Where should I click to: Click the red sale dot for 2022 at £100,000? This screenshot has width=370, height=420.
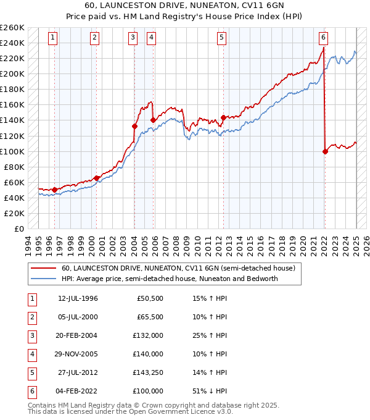[x=325, y=151]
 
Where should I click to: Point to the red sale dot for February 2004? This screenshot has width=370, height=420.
[x=134, y=126]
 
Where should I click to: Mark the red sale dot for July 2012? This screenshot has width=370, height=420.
[x=223, y=117]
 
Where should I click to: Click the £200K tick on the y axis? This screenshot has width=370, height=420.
[x=12, y=73]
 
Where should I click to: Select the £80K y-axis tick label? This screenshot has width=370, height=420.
[x=14, y=167]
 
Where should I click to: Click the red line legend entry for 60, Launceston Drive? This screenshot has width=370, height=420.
[x=178, y=269]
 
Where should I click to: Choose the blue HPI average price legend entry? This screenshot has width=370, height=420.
[x=170, y=279]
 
